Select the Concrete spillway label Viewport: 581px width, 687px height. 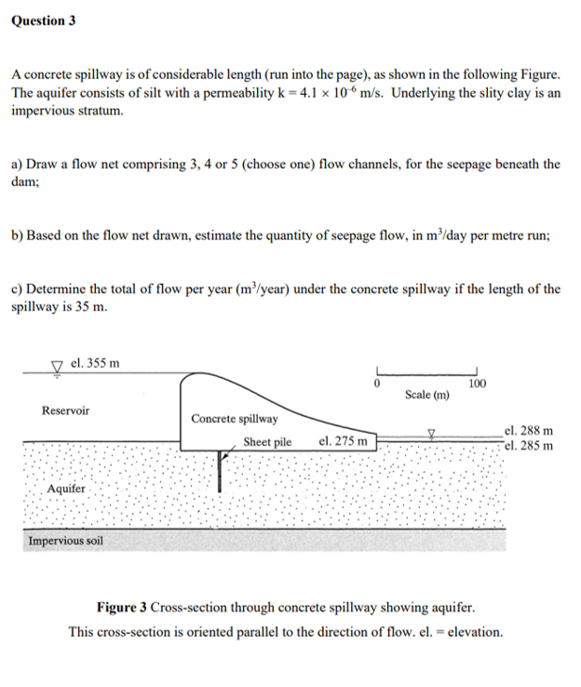pos(235,419)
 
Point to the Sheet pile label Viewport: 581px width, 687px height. pos(267,441)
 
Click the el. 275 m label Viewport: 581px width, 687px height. pos(343,441)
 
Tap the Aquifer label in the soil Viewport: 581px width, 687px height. pos(66,488)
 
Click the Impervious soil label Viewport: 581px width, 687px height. pos(66,541)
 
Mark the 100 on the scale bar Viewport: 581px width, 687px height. pos(478,383)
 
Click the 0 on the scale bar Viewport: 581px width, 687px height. pos(378,383)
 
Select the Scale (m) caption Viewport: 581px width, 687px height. pos(427,395)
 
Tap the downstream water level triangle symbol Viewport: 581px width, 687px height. pos(430,432)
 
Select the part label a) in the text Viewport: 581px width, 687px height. pos(18,164)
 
